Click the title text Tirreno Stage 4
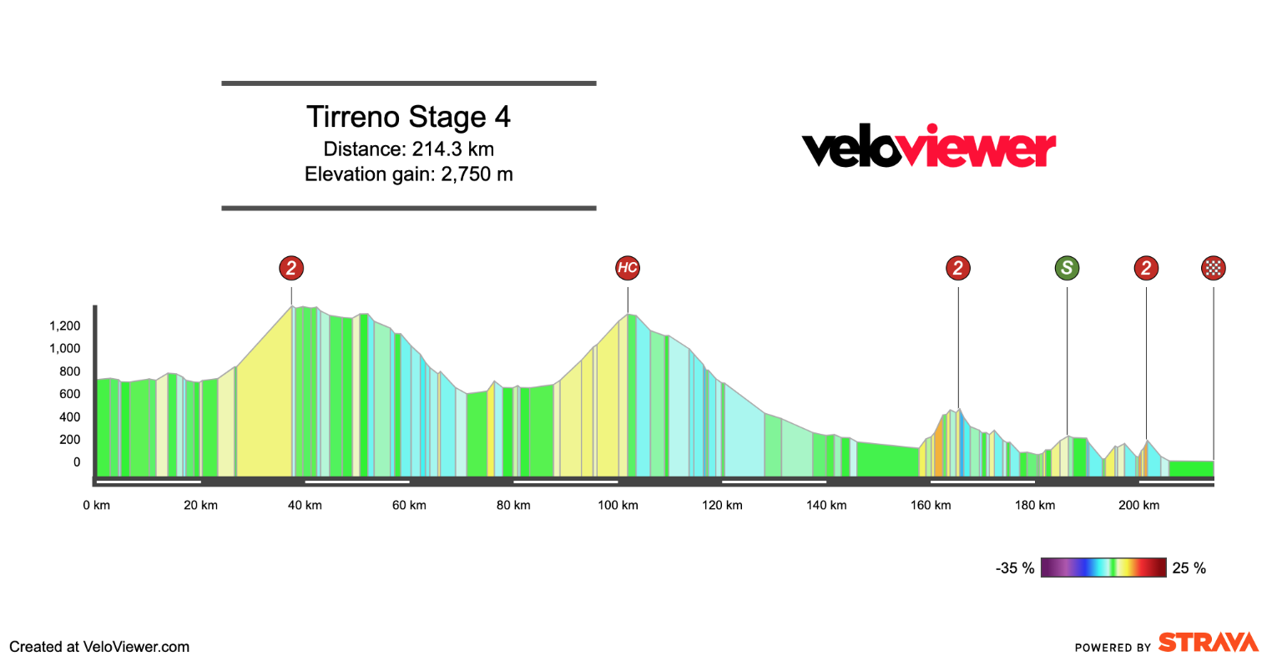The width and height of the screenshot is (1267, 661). (408, 117)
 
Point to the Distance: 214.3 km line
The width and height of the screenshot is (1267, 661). (408, 149)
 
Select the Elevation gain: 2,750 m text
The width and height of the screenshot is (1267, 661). (408, 174)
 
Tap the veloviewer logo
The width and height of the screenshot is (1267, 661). (928, 148)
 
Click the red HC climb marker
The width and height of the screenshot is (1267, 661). (628, 268)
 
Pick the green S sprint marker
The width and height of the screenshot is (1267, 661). (1067, 268)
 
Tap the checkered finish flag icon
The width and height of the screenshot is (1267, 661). (1213, 268)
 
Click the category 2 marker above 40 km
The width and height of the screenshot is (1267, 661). (291, 268)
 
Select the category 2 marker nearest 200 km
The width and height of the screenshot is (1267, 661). (1146, 268)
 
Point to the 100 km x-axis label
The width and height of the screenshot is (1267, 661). (618, 505)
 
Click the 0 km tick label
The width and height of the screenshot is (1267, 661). (97, 505)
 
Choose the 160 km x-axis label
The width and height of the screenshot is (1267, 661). (931, 505)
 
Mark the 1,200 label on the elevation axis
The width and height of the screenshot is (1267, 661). (64, 325)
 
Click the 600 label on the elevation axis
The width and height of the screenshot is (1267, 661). (70, 394)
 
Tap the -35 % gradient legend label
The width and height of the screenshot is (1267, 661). (1014, 568)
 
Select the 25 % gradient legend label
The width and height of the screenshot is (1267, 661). (1189, 568)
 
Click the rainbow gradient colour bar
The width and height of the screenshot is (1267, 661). (1103, 568)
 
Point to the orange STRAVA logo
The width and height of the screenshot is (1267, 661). (1208, 642)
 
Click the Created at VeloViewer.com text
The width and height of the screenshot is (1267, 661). (99, 647)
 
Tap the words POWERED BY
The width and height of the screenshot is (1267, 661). (1113, 648)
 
